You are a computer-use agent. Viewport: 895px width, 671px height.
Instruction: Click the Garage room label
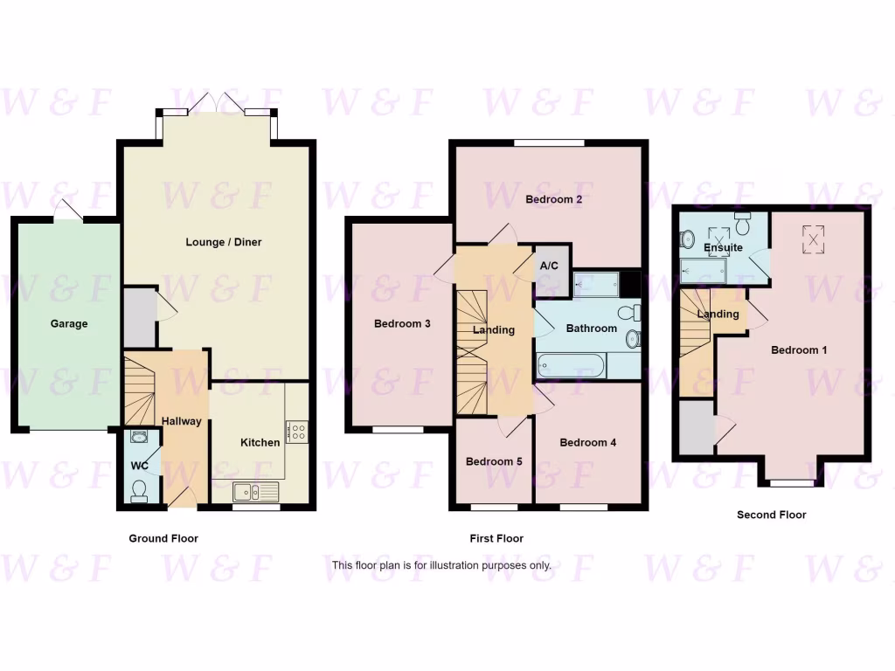[68, 323]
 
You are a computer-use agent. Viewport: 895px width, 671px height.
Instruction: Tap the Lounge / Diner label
[224, 242]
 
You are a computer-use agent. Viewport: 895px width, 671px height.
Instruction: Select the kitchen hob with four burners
[296, 432]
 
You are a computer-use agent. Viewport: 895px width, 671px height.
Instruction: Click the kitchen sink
[255, 490]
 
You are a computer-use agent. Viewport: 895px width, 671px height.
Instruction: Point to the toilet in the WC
[138, 495]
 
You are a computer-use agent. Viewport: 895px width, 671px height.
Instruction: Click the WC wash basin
[138, 436]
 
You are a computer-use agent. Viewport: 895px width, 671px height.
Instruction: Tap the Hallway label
[182, 421]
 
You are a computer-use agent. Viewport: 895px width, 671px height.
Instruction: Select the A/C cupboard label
[550, 266]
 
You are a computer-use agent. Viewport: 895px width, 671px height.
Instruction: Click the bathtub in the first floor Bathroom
[570, 365]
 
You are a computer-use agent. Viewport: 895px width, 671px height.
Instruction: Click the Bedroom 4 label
[588, 442]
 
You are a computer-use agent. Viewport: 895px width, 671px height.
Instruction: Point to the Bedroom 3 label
[402, 323]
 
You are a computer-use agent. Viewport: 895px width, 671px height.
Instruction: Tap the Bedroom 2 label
[554, 199]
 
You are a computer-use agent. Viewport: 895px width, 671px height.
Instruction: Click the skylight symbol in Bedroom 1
[814, 239]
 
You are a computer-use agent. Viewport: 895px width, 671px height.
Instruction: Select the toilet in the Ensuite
[744, 225]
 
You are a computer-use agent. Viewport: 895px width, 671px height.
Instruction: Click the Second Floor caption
[771, 515]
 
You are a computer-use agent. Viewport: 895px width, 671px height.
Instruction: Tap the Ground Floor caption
[163, 538]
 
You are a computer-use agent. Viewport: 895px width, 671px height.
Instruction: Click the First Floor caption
[496, 538]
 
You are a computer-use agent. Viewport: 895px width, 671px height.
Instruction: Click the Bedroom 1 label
[799, 350]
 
